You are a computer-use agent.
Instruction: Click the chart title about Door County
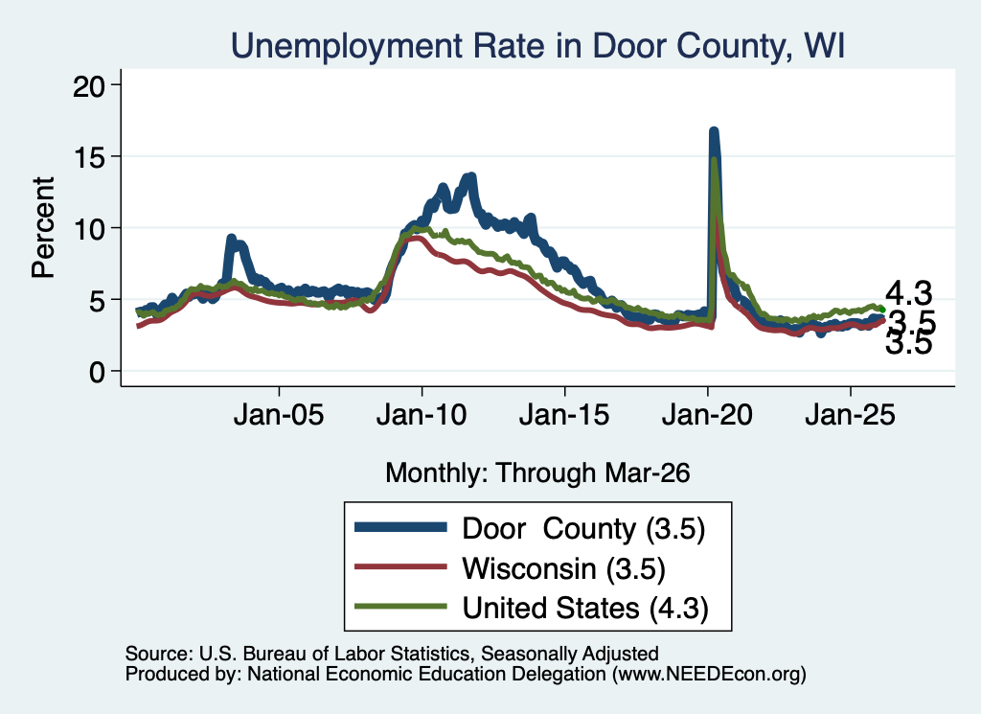538,46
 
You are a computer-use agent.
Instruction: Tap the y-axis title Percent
43,227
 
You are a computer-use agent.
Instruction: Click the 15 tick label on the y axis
89,156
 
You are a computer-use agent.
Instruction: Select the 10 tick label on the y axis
89,228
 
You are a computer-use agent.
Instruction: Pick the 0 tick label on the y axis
97,372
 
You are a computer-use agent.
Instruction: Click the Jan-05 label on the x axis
279,415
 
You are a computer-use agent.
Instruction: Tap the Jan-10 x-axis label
422,415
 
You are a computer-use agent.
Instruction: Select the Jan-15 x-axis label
564,415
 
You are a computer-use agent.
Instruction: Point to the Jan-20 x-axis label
707,415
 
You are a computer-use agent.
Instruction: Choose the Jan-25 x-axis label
851,415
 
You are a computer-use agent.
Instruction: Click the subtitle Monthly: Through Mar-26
537,472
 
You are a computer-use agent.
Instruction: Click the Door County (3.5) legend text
583,529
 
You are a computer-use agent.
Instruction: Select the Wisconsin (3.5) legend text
563,569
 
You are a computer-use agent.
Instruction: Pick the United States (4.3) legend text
585,609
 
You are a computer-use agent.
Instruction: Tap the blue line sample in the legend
401,527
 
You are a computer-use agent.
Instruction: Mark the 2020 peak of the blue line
713,131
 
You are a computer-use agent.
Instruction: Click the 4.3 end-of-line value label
908,293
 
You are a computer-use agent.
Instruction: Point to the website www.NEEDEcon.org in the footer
709,674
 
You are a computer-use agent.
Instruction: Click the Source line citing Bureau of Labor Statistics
392,654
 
